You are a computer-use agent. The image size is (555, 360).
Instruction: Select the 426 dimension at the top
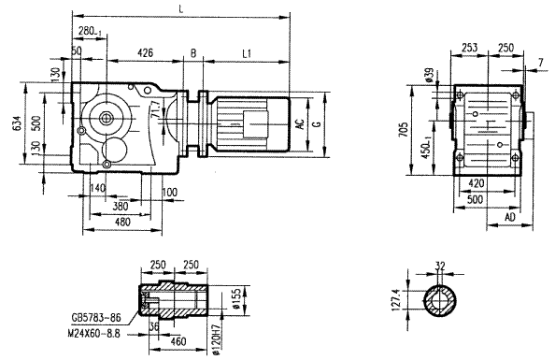tap(145, 53)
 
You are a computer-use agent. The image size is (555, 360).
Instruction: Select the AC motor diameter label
tap(299, 122)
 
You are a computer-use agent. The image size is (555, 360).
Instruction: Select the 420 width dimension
tap(476, 184)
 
